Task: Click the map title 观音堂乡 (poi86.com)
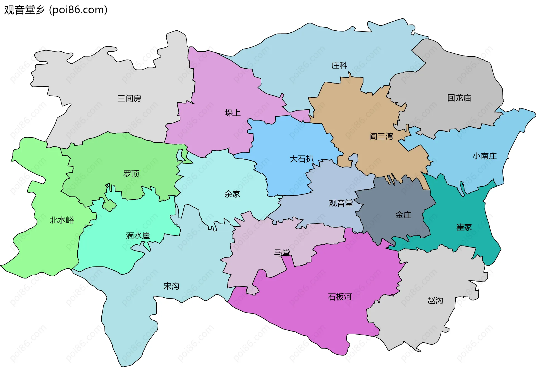point(56,10)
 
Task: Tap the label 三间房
point(129,98)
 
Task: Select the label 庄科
point(339,66)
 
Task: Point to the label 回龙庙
point(459,98)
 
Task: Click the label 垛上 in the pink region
point(233,113)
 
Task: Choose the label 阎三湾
point(381,136)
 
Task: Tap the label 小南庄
point(485,156)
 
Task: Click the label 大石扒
point(301,159)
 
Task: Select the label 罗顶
point(131,174)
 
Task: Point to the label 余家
point(232,194)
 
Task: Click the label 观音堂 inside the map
point(341,203)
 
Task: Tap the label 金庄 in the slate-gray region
point(403,215)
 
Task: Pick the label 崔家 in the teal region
point(464,227)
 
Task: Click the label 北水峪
point(62,220)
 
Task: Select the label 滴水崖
point(138,236)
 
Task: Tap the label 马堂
point(282,253)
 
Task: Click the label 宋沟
point(171,286)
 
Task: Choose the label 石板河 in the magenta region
point(340,297)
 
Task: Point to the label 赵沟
point(435,300)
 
